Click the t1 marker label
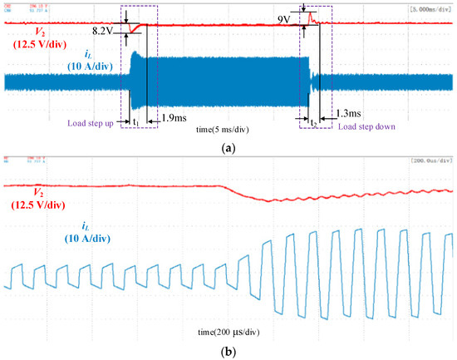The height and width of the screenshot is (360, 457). tap(135, 121)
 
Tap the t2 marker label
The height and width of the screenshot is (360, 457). tap(314, 121)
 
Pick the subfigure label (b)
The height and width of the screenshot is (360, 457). tap(229, 351)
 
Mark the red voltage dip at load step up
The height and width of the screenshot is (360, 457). tap(135, 31)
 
